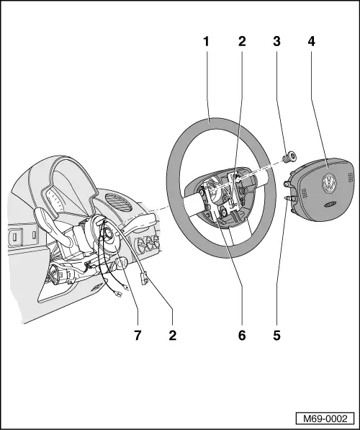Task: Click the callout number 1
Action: click(x=206, y=41)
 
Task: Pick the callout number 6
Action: click(x=242, y=335)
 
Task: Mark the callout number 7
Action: click(x=137, y=335)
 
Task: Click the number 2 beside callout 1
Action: click(x=242, y=41)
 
